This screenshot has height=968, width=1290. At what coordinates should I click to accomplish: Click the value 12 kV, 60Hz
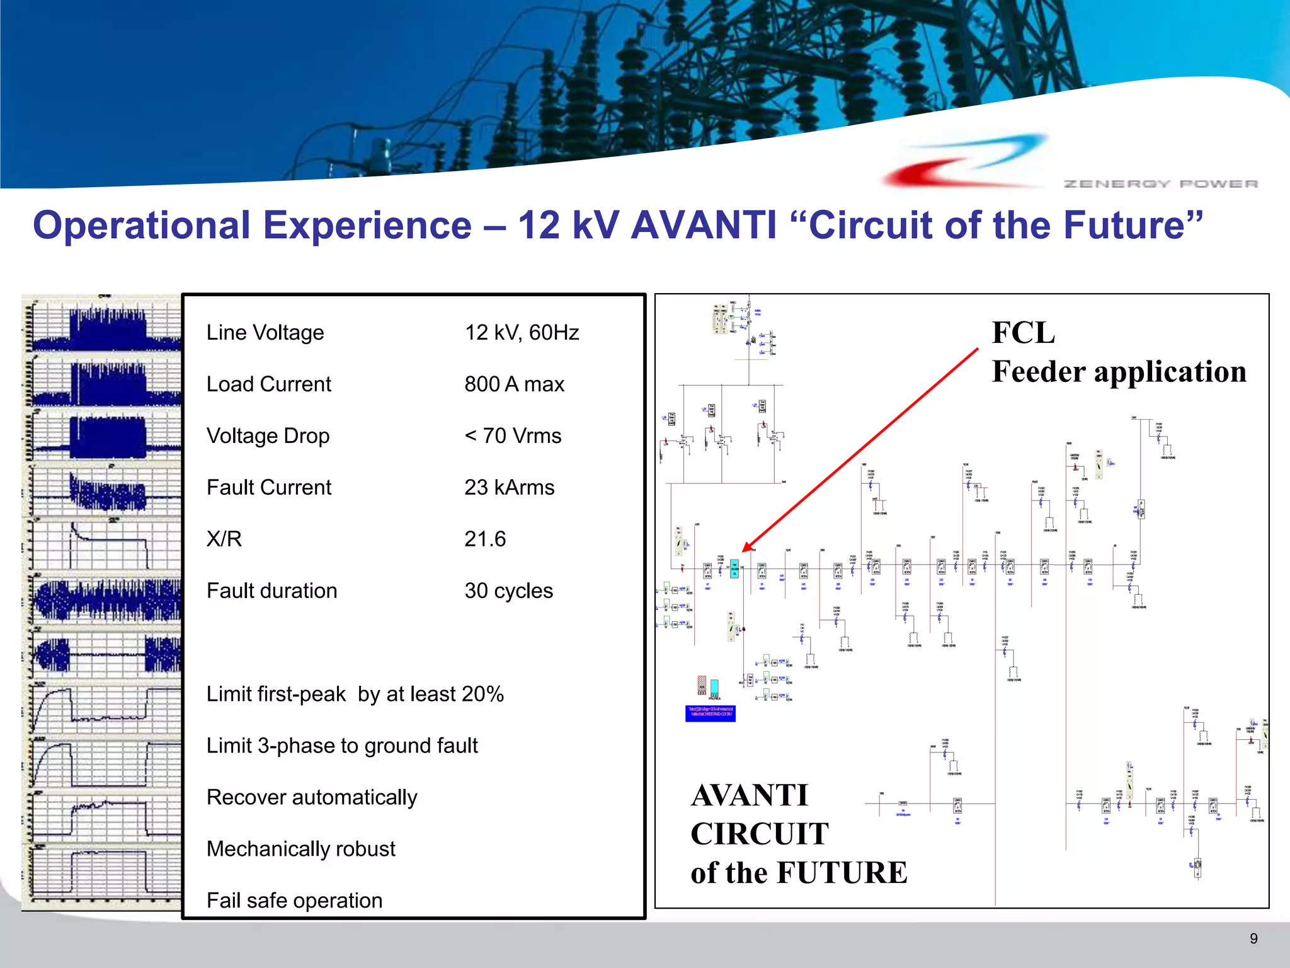point(522,332)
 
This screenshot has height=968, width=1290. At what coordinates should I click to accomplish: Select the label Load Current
point(269,384)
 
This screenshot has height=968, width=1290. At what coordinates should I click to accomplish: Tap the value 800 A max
point(514,384)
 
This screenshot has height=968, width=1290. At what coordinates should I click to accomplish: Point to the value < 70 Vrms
point(513,435)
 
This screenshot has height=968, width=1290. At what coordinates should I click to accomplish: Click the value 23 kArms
point(509,487)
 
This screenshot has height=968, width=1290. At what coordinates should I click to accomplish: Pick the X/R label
point(224,539)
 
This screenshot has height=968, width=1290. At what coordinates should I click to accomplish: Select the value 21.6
point(485,539)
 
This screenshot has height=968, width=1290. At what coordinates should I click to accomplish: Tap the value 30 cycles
point(508,591)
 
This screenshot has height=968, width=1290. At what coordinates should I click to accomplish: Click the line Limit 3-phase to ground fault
point(342,746)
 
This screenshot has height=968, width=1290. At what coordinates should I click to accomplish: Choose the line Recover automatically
point(312,797)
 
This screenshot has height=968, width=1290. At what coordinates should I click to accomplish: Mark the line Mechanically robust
point(301,849)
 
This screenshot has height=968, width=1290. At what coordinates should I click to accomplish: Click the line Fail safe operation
point(294,901)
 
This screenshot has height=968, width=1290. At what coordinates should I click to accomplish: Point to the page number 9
point(1253,938)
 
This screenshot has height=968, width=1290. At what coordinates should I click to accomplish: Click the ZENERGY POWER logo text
point(1160,183)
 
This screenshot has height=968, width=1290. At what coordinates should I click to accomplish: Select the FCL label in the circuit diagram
point(1023,333)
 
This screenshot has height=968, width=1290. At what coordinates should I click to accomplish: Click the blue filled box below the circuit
point(710,713)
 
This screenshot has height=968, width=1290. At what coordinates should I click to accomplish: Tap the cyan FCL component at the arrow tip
point(734,568)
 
